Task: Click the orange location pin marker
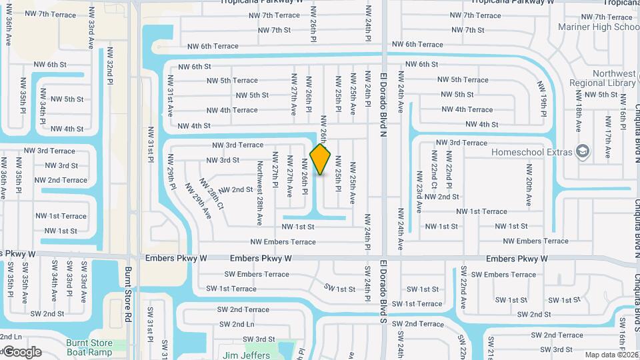coord(321,159)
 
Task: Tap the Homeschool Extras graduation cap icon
coord(583,152)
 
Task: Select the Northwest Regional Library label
coord(602,78)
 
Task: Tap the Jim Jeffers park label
coord(249,355)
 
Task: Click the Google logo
coord(22,352)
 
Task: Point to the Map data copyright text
coord(611,355)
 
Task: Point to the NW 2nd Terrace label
coord(61,180)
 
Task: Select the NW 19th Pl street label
coord(544,97)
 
